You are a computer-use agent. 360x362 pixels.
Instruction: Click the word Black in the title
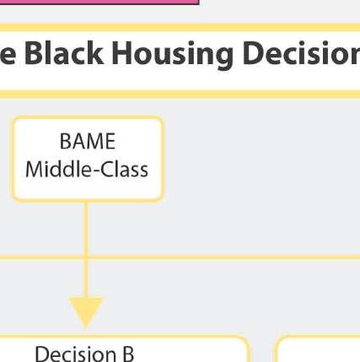click(x=64, y=52)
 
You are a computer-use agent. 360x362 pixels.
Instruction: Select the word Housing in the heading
click(x=172, y=55)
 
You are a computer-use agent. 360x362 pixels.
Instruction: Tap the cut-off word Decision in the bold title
click(x=301, y=52)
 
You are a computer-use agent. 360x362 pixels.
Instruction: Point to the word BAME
click(x=88, y=141)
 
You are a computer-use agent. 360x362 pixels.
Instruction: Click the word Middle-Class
click(x=87, y=169)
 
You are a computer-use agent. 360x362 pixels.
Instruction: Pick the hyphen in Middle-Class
click(x=96, y=171)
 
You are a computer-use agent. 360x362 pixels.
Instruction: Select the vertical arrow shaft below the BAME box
click(x=86, y=250)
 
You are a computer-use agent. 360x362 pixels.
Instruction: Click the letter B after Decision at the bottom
click(x=127, y=354)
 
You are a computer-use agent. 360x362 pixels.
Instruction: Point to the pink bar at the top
click(x=99, y=3)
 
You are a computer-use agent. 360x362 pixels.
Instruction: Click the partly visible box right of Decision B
click(x=317, y=348)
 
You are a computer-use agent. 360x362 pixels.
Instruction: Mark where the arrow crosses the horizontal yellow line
click(x=86, y=257)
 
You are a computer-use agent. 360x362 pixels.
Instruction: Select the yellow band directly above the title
click(x=180, y=27)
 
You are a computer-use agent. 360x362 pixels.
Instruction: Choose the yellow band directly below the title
click(x=180, y=95)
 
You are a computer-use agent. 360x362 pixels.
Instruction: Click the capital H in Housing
click(x=122, y=53)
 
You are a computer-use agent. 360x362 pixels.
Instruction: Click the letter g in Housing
click(x=223, y=58)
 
